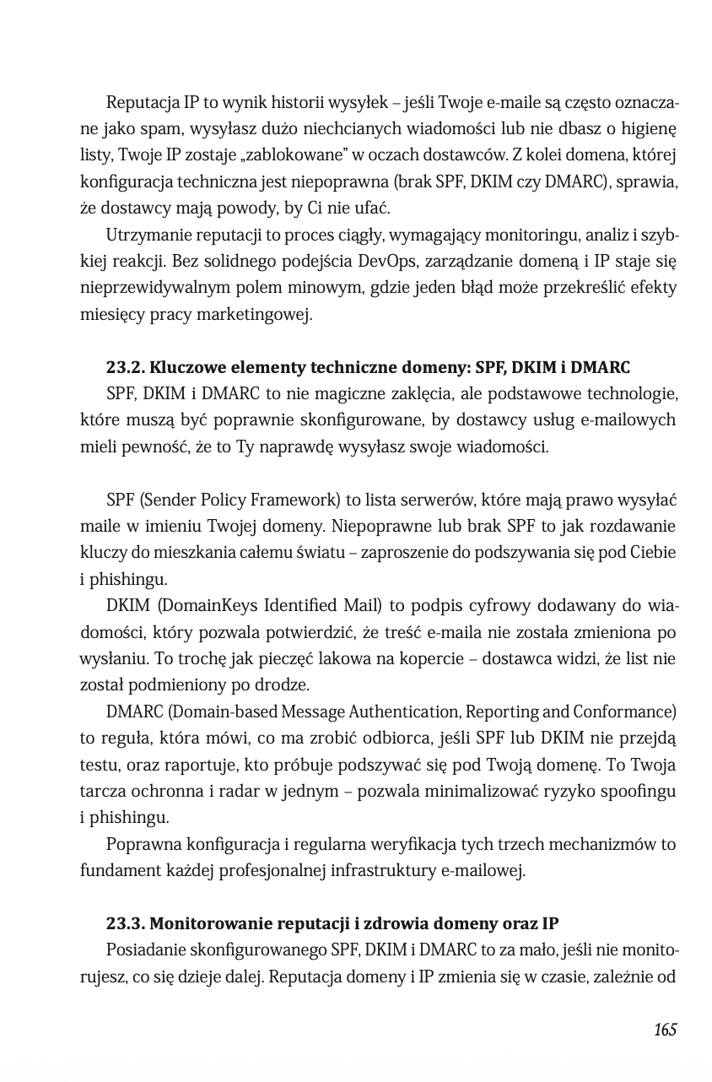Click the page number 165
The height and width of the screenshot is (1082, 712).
pyautogui.click(x=665, y=1030)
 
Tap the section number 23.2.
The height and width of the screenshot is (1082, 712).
pyautogui.click(x=125, y=368)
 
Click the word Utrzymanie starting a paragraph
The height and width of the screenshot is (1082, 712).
pyautogui.click(x=143, y=234)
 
